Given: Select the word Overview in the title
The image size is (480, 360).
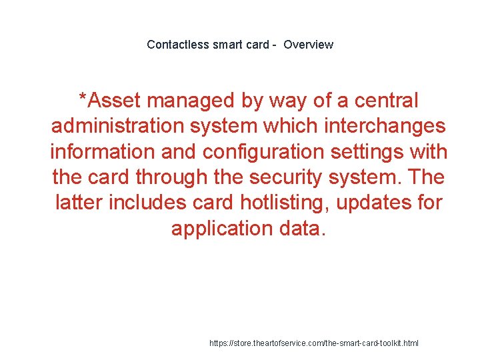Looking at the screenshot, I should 308,45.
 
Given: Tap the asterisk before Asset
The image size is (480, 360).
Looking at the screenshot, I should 83,99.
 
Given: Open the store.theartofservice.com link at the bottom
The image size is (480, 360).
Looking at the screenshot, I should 314,343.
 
